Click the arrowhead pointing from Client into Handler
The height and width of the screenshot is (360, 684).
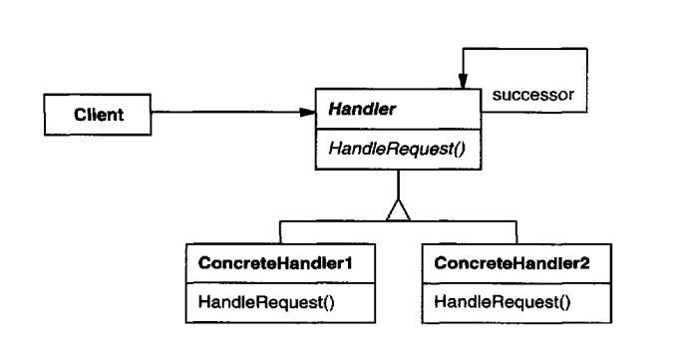307,113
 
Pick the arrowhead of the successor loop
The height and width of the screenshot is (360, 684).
463,81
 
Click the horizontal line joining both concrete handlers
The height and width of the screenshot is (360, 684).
449,220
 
